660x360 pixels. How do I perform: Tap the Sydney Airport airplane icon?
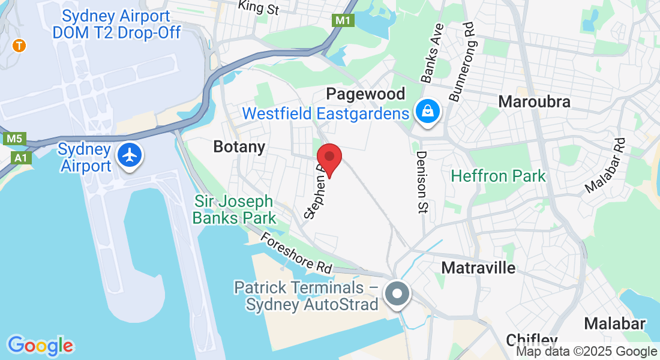(x=129, y=155)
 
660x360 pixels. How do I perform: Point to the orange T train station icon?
(x=20, y=45)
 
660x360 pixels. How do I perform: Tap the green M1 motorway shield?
(x=343, y=20)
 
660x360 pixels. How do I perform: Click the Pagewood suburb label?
(x=365, y=94)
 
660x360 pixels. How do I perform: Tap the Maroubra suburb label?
(x=534, y=101)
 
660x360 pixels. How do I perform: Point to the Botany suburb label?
(x=239, y=147)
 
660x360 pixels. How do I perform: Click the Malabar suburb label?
(x=615, y=324)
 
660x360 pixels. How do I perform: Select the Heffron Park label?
(x=499, y=176)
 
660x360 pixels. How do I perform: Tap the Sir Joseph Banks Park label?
(x=234, y=209)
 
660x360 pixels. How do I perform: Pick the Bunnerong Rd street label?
(x=461, y=62)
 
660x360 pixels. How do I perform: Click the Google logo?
(x=40, y=346)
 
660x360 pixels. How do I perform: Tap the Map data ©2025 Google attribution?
(x=586, y=352)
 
